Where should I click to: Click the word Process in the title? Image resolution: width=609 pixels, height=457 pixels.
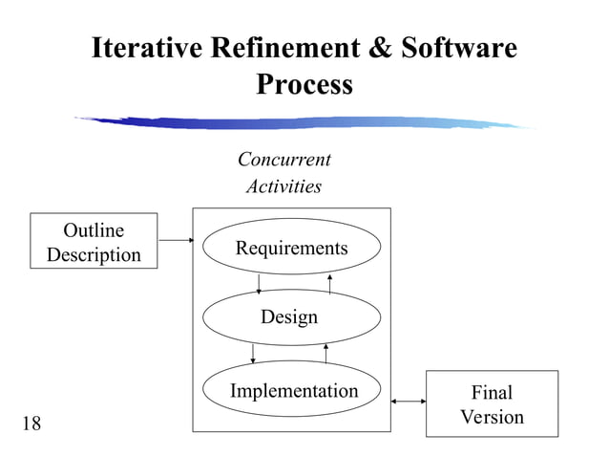tap(304, 85)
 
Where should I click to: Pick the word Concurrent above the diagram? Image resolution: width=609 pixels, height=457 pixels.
tap(283, 160)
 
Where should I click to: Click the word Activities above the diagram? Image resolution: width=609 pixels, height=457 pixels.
tap(283, 186)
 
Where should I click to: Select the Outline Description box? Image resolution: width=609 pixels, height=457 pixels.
tap(94, 242)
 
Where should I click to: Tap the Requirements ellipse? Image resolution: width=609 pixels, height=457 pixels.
tap(291, 248)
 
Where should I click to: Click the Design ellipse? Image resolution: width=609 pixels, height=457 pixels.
tap(289, 317)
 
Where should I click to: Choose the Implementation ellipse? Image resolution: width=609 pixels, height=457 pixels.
tap(293, 390)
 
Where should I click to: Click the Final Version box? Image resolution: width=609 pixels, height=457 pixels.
tap(492, 404)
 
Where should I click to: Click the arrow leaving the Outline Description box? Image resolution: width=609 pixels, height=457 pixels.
tap(175, 239)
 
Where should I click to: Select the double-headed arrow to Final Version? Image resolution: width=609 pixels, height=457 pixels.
tap(409, 402)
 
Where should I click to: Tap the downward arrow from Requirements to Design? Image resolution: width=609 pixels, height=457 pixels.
tap(260, 284)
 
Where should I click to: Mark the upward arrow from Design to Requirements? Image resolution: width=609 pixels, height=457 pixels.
tap(329, 282)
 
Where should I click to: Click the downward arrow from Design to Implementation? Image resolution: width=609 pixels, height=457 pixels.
tap(253, 353)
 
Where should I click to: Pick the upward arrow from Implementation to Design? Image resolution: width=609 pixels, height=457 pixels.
tap(326, 354)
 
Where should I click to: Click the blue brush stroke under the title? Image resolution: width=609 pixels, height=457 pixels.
tap(305, 122)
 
